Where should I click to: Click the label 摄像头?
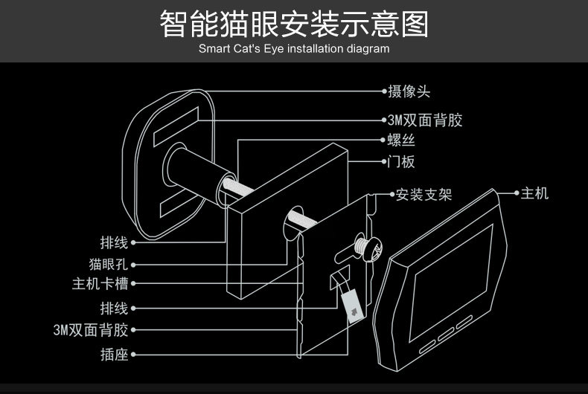[x=409, y=91]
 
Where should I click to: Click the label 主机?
[x=534, y=193]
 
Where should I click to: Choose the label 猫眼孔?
[x=108, y=264]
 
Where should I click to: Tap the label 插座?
[x=114, y=354]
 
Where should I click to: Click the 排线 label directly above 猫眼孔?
[x=114, y=242]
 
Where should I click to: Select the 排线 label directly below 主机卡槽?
[x=114, y=308]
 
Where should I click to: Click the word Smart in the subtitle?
[x=214, y=49]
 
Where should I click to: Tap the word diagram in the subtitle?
[x=367, y=49]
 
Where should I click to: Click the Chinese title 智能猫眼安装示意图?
[x=294, y=24]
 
